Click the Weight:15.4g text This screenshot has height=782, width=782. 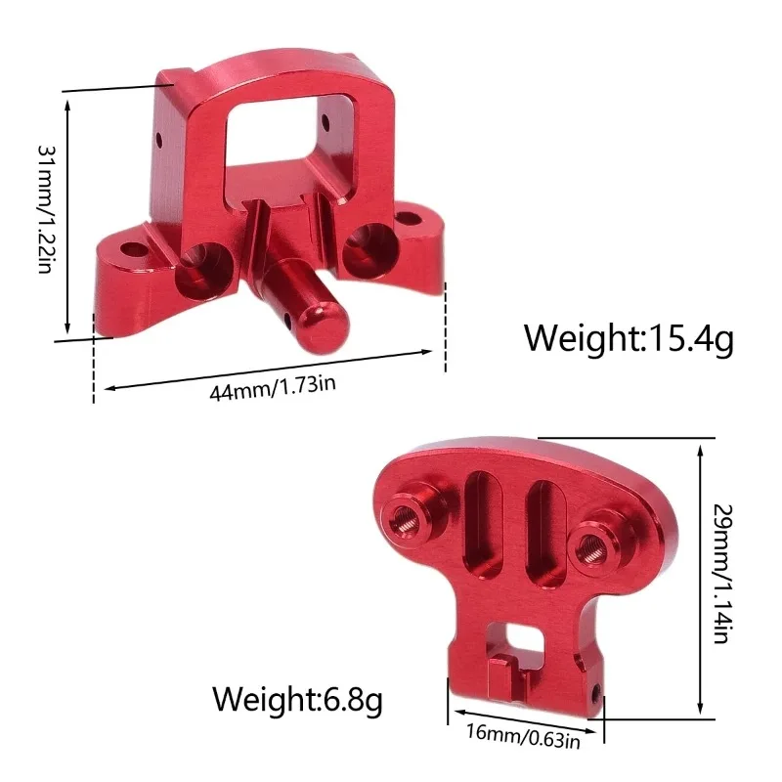(x=628, y=338)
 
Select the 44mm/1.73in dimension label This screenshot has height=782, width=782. (x=273, y=386)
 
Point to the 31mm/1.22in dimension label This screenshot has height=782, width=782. (x=44, y=209)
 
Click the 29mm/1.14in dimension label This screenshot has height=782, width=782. (x=723, y=575)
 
